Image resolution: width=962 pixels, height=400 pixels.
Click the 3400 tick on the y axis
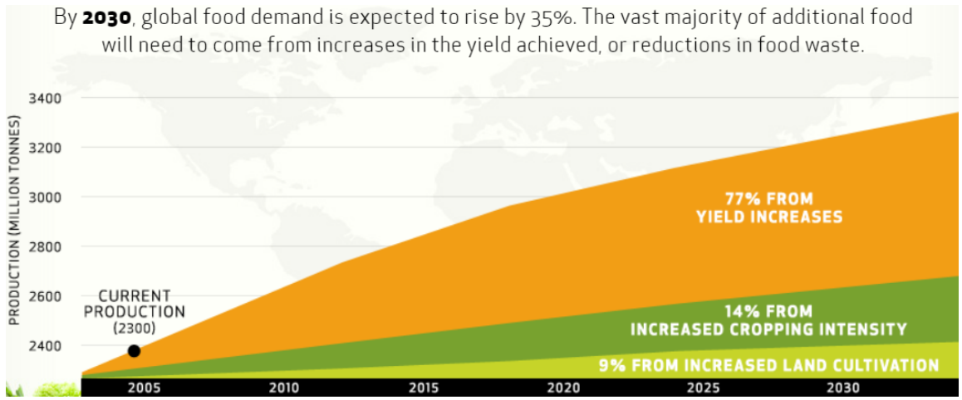pyautogui.click(x=46, y=99)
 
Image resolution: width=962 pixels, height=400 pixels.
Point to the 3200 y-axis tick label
pyautogui.click(x=46, y=148)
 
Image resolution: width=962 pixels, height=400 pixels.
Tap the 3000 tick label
pyautogui.click(x=46, y=198)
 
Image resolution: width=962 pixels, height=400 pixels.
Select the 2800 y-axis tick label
pyautogui.click(x=46, y=246)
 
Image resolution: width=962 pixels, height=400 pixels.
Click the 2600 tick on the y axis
pyautogui.click(x=46, y=296)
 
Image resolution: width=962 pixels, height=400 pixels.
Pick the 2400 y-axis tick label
pyautogui.click(x=46, y=345)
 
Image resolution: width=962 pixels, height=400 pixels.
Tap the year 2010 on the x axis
pyautogui.click(x=284, y=387)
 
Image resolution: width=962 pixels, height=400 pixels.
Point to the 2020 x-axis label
pyautogui.click(x=563, y=387)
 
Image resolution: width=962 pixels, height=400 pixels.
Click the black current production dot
pyautogui.click(x=134, y=351)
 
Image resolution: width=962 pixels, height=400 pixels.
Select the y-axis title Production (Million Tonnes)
pyautogui.click(x=14, y=223)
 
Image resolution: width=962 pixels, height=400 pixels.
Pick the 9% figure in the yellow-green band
pyautogui.click(x=613, y=365)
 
